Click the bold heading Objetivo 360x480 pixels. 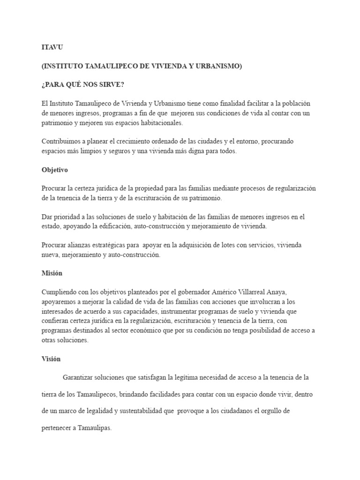pos(55,170)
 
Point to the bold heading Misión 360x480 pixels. pos(52,273)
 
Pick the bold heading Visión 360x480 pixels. pos(51,359)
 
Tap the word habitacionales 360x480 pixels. pos(161,123)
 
